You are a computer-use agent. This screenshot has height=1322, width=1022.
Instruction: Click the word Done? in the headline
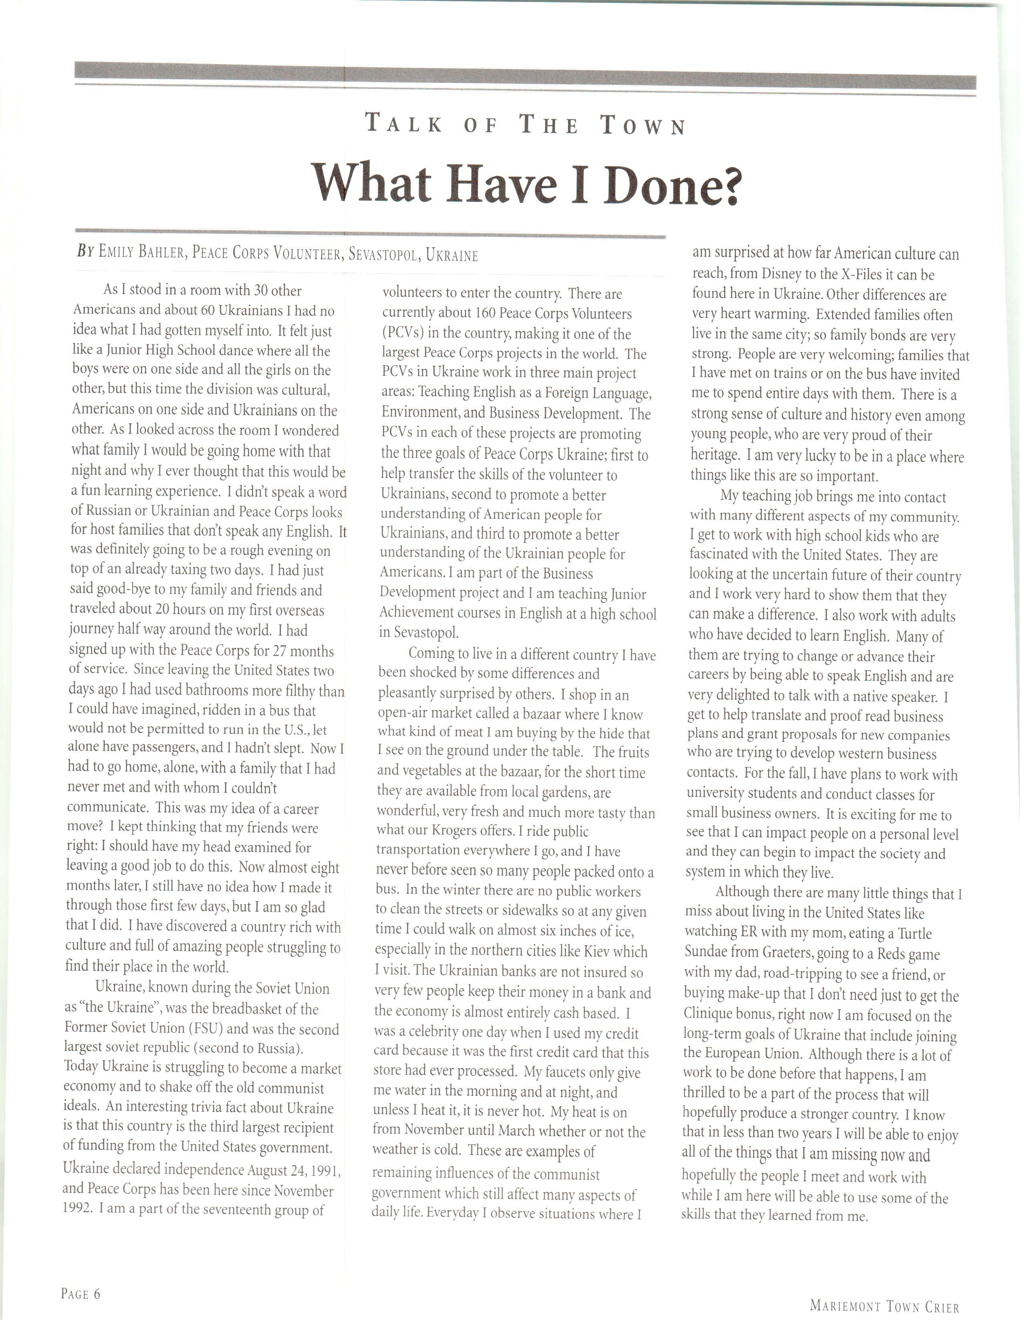(671, 185)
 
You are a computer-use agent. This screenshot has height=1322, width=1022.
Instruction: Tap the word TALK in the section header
(403, 125)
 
